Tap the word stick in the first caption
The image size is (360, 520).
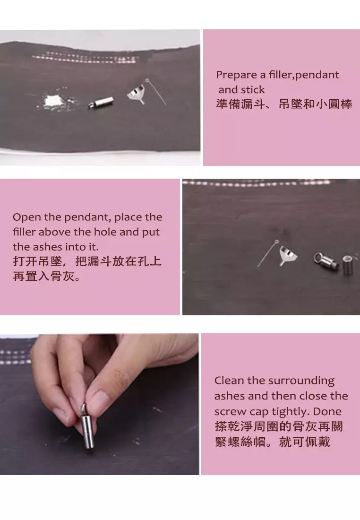[253, 90]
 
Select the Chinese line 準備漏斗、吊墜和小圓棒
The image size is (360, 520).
[284, 104]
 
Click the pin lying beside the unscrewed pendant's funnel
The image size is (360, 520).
[267, 252]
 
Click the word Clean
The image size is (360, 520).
[229, 381]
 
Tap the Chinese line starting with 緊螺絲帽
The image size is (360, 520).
[272, 442]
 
